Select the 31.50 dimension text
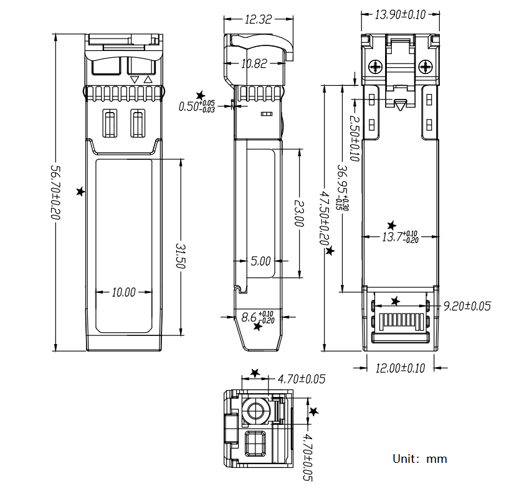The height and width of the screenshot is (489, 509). [181, 255]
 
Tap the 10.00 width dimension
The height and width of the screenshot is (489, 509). [123, 292]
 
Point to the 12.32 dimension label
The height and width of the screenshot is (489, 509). [258, 20]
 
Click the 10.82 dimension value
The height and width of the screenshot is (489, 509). [255, 63]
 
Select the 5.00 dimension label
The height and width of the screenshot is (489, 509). [260, 261]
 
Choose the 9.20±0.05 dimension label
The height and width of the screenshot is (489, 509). [467, 306]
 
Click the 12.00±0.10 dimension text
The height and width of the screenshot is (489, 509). [399, 368]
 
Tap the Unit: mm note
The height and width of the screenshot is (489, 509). [419, 459]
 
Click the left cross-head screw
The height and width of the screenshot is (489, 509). [377, 66]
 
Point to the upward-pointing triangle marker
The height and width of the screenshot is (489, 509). [148, 80]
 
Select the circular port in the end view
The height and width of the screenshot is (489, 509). [255, 410]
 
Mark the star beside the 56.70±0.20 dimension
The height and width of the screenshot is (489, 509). [80, 192]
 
